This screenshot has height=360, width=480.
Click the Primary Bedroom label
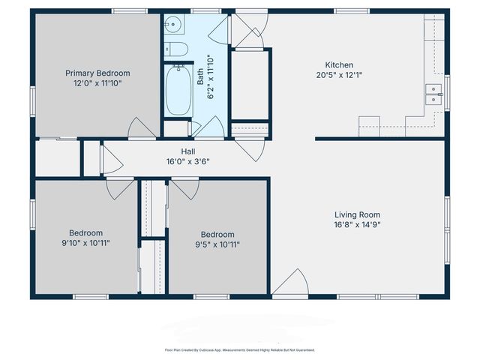pos(97,73)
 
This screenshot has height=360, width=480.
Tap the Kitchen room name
pos(338,64)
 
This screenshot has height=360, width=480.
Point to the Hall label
pos(187,151)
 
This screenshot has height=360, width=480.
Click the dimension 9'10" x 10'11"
pos(85,243)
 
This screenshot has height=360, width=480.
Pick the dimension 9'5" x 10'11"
pos(217,244)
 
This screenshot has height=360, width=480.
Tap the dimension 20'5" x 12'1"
pos(338,75)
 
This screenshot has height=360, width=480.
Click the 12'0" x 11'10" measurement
pos(97,83)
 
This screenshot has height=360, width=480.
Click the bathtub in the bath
pos(178,91)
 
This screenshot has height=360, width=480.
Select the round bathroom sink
pos(173,25)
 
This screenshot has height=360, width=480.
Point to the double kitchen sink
pos(433,94)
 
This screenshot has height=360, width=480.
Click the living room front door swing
pos(292,283)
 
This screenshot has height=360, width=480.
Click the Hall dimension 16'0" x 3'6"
pos(187,160)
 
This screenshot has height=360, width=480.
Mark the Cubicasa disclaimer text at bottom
pos(239,349)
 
